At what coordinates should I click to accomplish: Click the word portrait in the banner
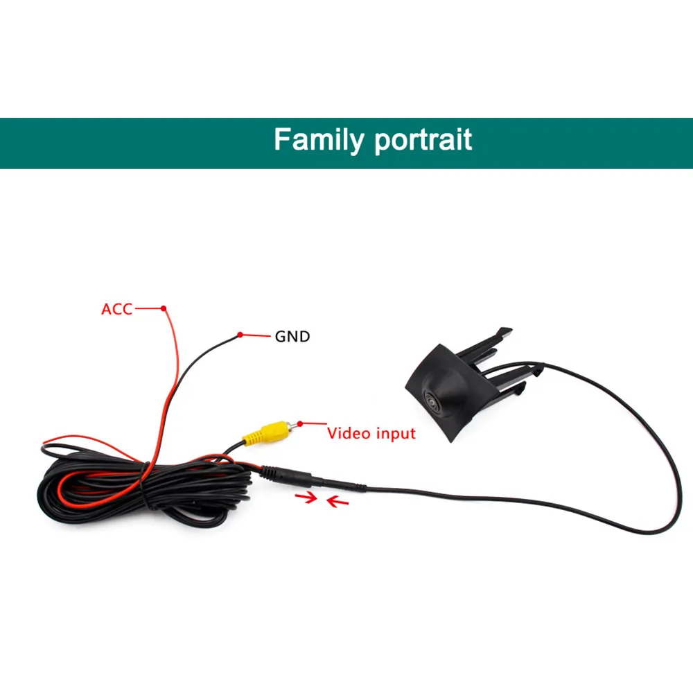pos(423,141)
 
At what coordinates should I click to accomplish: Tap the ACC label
pos(116,309)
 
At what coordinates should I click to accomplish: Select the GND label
pos(292,337)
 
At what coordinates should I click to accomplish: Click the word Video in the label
pos(349,434)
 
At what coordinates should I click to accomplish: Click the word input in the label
pos(395,435)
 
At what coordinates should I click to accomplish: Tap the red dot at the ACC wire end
pos(164,308)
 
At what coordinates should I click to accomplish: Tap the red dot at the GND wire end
pos(240,335)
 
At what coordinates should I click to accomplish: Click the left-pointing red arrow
pos(337,500)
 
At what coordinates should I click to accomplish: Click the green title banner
pos(104,143)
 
